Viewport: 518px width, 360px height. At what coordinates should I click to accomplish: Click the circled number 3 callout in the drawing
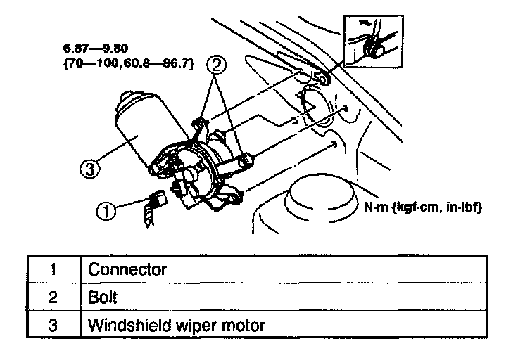[89, 168]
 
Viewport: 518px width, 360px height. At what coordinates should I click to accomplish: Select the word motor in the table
[244, 326]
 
